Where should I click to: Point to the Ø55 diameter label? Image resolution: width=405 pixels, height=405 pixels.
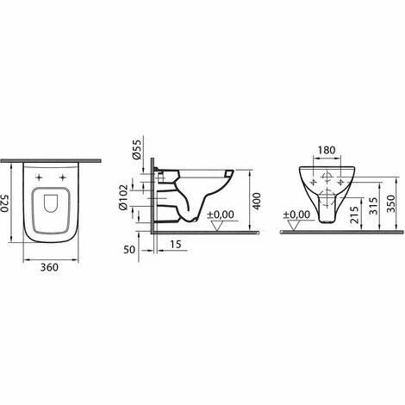point(135,153)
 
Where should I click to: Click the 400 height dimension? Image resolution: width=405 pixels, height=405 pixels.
point(257,202)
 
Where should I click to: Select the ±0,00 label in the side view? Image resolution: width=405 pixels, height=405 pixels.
point(221,213)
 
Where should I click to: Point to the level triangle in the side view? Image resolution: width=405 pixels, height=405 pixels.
point(221,225)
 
